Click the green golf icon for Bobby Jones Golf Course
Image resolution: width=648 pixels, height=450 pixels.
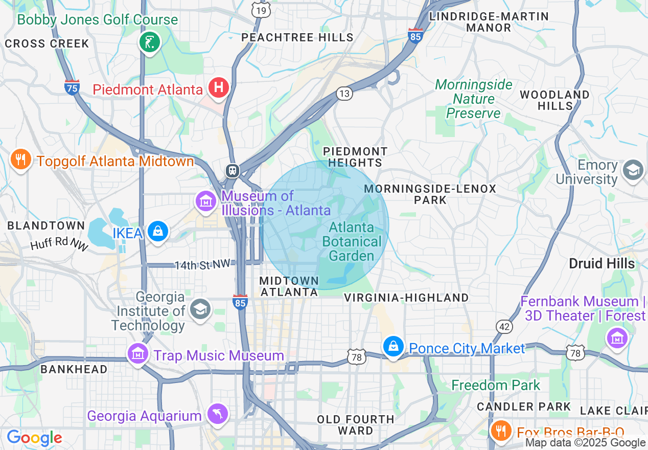click(150, 42)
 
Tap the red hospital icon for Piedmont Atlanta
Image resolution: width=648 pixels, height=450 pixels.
click(219, 88)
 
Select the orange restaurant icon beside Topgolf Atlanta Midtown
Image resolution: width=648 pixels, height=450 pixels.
click(20, 160)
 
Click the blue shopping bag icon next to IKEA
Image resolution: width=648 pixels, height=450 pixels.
click(158, 232)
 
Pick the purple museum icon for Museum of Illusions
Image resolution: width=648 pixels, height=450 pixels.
click(206, 200)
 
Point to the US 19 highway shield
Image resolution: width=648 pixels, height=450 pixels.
click(262, 10)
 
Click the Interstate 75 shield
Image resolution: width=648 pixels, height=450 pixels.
click(72, 87)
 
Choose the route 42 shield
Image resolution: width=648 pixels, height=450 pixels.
click(504, 327)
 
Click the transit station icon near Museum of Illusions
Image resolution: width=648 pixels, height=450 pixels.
click(233, 170)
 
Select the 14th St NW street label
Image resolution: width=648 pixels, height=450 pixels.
click(203, 265)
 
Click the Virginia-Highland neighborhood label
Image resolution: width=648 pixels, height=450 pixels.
click(406, 298)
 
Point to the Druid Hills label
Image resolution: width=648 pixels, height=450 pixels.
click(602, 263)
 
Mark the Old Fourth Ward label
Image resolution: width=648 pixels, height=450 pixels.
click(356, 425)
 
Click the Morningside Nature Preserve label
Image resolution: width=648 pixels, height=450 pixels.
click(473, 99)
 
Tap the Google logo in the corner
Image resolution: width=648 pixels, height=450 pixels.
click(34, 438)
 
